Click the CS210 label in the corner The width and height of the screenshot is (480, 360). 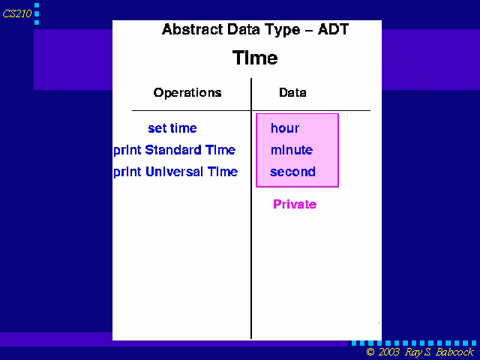click(x=17, y=13)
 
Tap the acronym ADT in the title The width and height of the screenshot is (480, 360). click(x=333, y=29)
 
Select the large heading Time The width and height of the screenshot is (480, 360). click(x=255, y=58)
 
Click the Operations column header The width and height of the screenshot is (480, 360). click(x=187, y=92)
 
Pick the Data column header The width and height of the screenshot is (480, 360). click(x=292, y=92)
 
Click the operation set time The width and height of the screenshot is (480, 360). click(x=172, y=128)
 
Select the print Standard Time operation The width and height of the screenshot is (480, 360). click(x=175, y=150)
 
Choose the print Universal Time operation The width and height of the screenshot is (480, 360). click(x=175, y=172)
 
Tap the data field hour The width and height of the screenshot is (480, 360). click(x=285, y=128)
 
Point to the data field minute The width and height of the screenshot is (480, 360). click(x=292, y=150)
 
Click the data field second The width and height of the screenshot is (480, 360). click(x=292, y=172)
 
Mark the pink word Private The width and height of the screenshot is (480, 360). click(x=295, y=204)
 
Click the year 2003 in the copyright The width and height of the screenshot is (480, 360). click(x=388, y=352)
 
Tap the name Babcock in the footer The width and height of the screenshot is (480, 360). click(x=454, y=352)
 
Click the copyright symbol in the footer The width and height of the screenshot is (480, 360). click(x=370, y=352)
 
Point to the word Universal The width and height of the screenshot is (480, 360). click(x=174, y=172)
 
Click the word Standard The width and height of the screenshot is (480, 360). click(x=173, y=150)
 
